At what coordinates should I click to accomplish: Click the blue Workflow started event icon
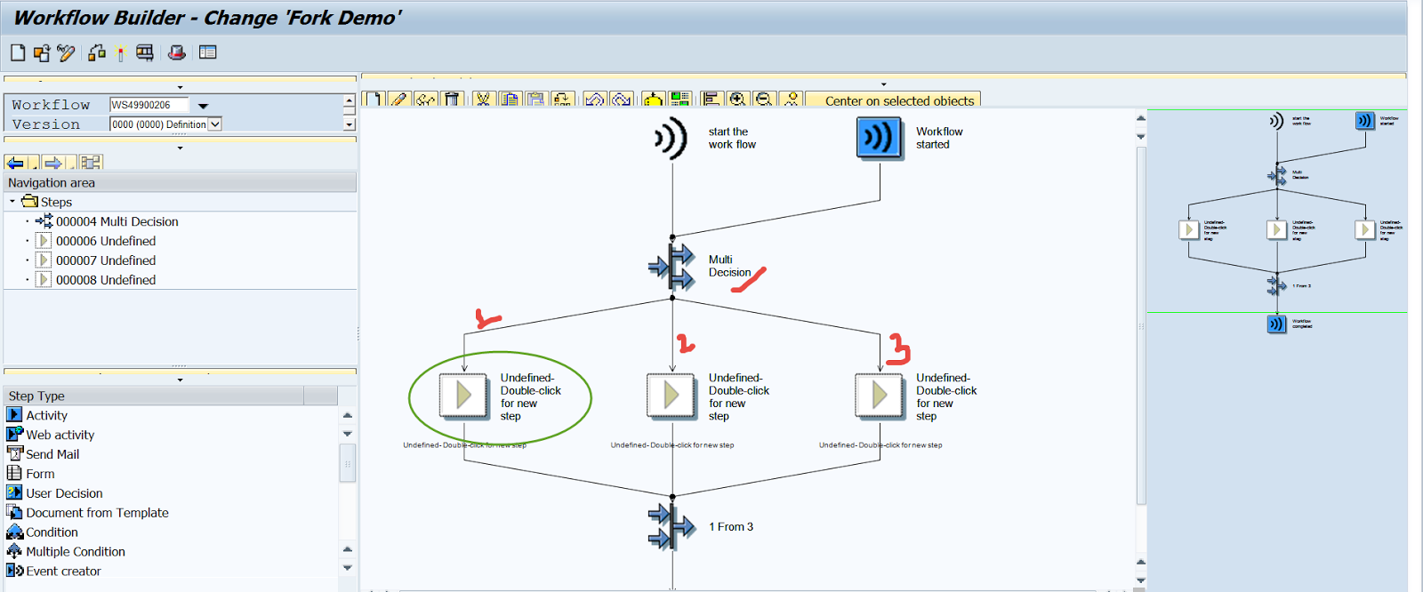point(879,139)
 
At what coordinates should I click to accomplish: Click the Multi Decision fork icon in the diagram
point(671,266)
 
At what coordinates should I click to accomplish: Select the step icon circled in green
point(462,395)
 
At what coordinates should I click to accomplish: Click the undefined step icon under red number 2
point(671,395)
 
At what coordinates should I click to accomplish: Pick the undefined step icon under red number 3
point(879,395)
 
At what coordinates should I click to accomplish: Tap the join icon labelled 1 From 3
point(671,526)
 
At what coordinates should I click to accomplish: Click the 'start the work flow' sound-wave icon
point(671,139)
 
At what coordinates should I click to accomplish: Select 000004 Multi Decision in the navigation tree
point(117,221)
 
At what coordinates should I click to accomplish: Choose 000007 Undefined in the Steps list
point(105,260)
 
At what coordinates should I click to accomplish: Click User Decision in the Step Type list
point(64,493)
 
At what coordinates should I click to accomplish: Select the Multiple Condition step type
point(75,552)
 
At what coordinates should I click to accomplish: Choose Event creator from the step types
point(63,572)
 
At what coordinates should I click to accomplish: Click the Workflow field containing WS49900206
point(149,105)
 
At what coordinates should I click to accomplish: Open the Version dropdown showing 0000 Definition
point(214,124)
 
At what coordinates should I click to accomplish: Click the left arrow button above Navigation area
point(15,163)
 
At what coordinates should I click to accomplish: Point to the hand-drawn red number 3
point(898,348)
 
